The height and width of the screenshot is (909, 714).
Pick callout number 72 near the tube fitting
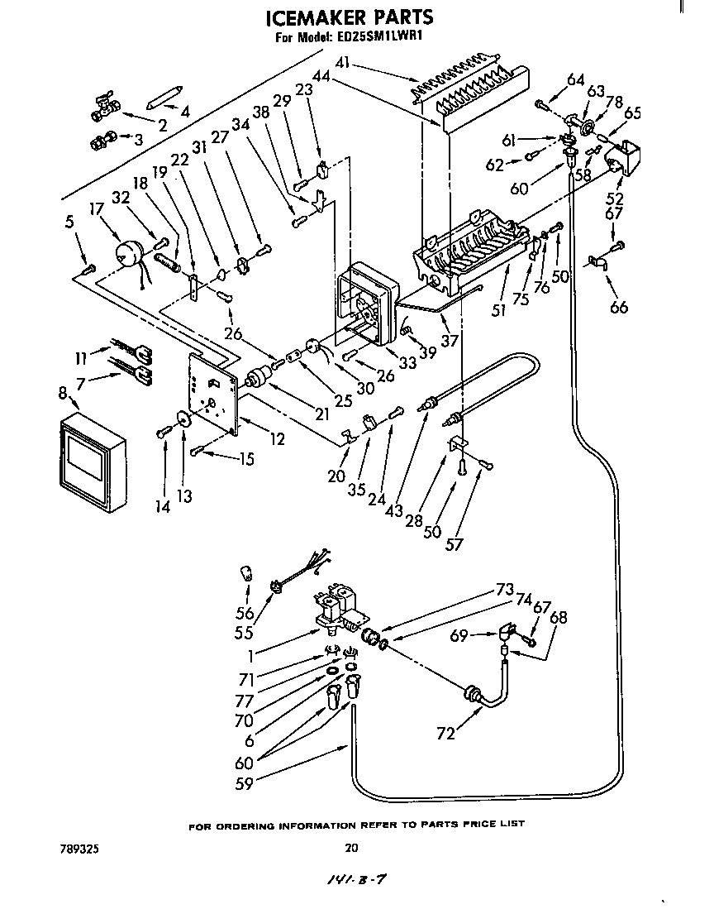coord(446,734)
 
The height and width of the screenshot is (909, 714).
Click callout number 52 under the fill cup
coord(615,199)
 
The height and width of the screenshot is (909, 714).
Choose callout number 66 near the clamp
coord(617,308)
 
